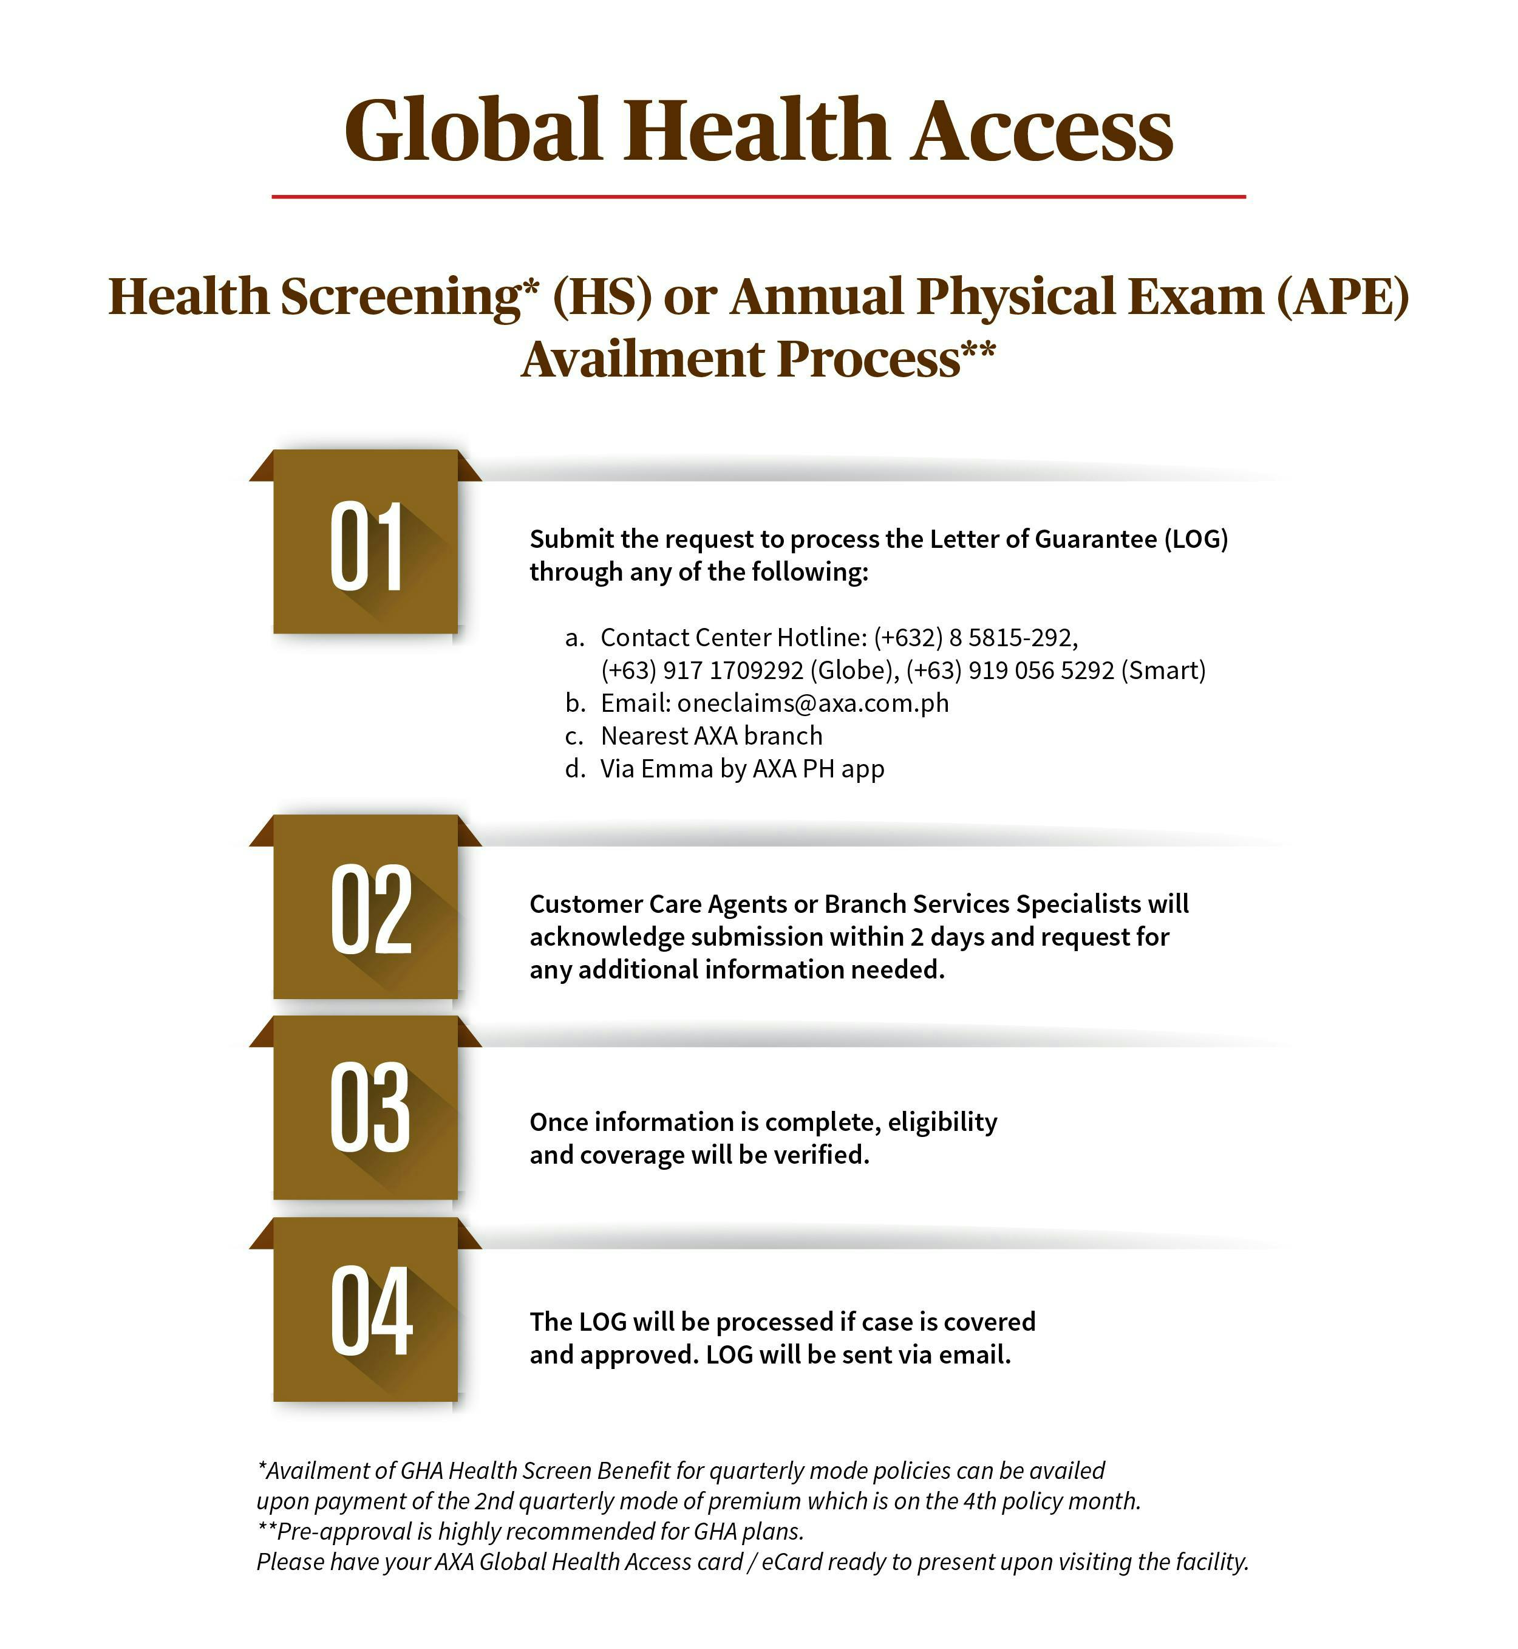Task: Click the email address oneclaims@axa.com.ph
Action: click(x=812, y=703)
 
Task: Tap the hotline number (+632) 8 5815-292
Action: click(x=975, y=638)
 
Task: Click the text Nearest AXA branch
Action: click(x=712, y=736)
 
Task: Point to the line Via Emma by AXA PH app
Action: click(x=742, y=769)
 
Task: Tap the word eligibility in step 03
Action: click(x=942, y=1122)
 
